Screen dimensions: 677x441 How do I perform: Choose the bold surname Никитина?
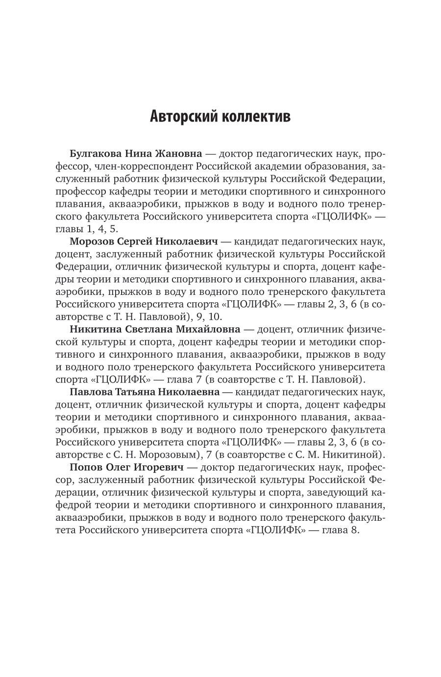[x=96, y=329]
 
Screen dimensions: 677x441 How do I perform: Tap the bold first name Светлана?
[x=148, y=329]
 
